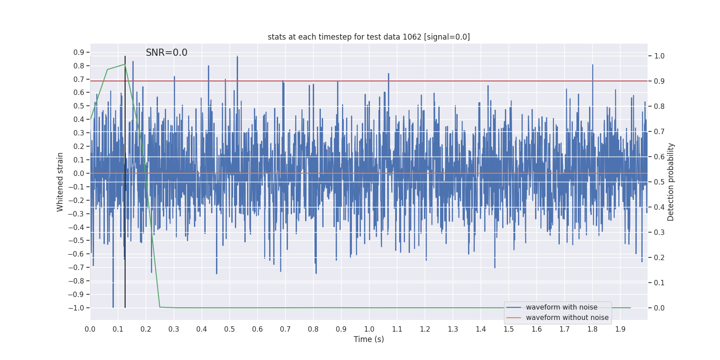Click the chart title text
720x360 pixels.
click(369, 37)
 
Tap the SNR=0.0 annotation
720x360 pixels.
click(166, 53)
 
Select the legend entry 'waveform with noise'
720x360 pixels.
click(561, 307)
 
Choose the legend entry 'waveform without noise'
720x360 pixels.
click(567, 318)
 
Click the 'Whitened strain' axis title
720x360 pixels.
click(60, 182)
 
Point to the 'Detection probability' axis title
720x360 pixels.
click(671, 182)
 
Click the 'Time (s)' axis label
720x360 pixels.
click(369, 339)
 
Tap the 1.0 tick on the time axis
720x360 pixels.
click(369, 329)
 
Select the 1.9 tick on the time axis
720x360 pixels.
click(620, 329)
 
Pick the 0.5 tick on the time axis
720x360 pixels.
click(229, 329)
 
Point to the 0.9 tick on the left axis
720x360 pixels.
click(79, 53)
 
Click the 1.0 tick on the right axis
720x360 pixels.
click(659, 56)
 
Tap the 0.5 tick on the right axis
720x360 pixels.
click(659, 182)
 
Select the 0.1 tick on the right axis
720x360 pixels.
click(659, 283)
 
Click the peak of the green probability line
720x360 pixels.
click(125, 64)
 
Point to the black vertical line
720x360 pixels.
click(125, 180)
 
